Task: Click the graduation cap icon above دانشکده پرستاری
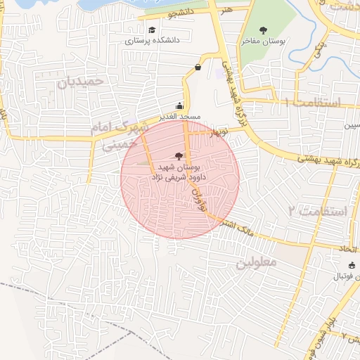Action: (153, 30)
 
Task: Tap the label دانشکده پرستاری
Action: (153, 41)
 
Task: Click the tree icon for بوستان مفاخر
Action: (264, 30)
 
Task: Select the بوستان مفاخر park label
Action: (264, 41)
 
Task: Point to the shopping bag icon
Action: (198, 67)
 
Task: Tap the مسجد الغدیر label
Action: (180, 115)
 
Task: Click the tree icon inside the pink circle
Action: (177, 156)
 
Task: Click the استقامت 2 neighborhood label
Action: (317, 211)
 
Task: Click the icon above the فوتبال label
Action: (352, 264)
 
